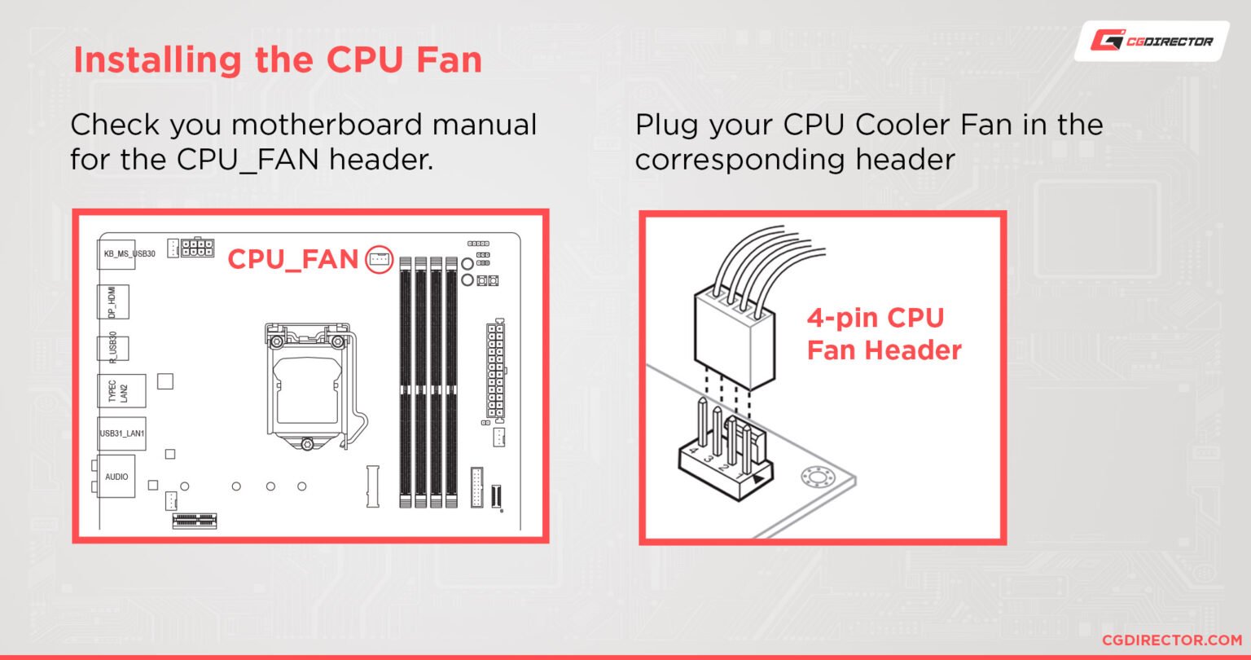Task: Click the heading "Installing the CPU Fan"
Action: [278, 61]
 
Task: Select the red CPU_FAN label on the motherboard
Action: [292, 259]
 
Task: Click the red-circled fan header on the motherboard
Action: [379, 260]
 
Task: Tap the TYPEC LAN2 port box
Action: [120, 391]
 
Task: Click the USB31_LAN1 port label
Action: [122, 433]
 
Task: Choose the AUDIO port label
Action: [116, 476]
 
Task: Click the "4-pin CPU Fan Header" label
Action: [884, 334]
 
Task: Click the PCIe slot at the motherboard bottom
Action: [200, 520]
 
